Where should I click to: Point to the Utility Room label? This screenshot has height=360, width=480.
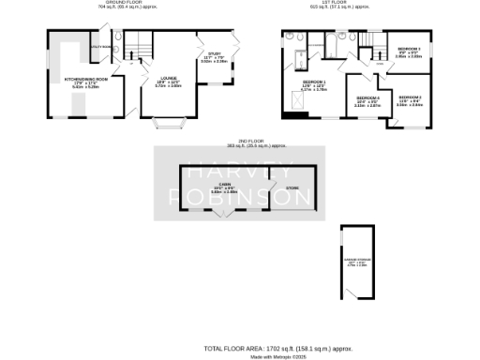100,46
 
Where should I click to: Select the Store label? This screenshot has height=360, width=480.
279,186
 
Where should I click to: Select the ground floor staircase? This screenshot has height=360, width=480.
138,43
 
